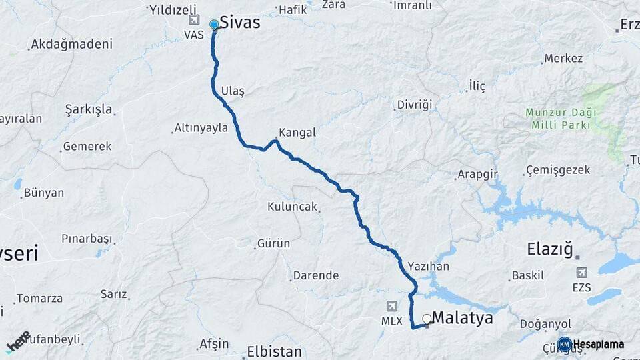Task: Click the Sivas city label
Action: click(239, 23)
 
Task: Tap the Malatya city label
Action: click(463, 318)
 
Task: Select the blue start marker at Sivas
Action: click(214, 25)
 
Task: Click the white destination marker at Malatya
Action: click(427, 319)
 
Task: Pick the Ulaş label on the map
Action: click(233, 91)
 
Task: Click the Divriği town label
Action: click(415, 105)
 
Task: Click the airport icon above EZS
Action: click(582, 273)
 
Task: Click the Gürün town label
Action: click(274, 243)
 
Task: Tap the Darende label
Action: click(316, 275)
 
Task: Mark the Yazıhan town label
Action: click(429, 266)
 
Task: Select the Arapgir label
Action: click(477, 175)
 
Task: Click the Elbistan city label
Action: click(274, 351)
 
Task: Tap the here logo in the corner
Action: click(18, 341)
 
